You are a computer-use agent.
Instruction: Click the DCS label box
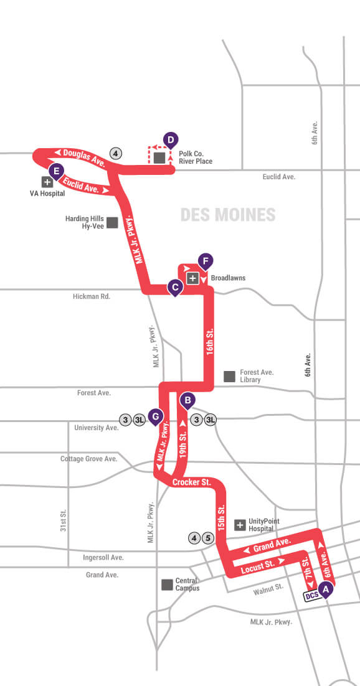312,596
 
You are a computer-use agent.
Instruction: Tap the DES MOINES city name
227,215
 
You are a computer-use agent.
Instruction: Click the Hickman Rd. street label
91,297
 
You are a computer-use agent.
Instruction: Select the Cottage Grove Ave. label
88,459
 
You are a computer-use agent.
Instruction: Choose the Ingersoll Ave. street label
103,558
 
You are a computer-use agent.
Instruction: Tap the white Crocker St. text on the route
192,482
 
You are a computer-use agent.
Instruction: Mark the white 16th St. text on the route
211,343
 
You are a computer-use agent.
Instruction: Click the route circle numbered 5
209,538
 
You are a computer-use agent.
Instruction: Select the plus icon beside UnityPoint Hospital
240,525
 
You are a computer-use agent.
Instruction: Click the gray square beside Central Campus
167,585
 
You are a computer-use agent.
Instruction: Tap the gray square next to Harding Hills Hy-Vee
113,222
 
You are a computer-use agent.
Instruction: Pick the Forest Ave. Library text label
257,376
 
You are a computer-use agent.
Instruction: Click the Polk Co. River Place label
196,157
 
